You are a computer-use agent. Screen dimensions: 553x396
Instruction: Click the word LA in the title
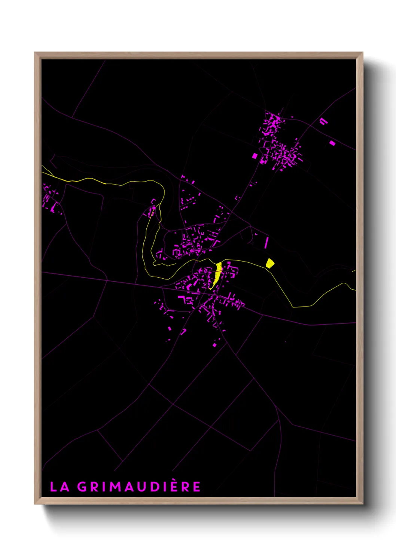tap(60, 486)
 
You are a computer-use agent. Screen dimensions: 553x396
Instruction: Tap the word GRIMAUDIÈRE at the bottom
tap(139, 486)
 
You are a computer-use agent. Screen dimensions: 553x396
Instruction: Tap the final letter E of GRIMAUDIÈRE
tap(197, 486)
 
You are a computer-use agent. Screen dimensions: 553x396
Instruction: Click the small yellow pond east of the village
tap(270, 263)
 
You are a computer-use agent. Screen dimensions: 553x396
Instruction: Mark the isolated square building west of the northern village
tap(255, 155)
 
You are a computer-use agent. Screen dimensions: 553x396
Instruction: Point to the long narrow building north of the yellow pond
tap(266, 242)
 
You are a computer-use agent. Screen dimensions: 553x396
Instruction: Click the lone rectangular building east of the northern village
tap(332, 143)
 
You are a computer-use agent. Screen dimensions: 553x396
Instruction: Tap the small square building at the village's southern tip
tap(214, 345)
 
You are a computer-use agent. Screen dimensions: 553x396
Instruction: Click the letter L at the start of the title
tap(53, 486)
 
